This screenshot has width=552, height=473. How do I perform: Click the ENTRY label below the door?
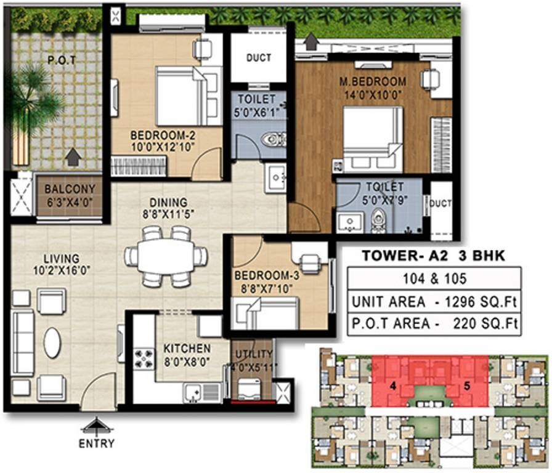(95, 443)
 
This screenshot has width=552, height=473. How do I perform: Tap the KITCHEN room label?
(187, 349)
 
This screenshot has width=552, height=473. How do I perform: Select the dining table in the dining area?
(166, 256)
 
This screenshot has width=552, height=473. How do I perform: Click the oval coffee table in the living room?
(52, 342)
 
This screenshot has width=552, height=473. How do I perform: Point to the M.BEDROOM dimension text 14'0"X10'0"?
(373, 95)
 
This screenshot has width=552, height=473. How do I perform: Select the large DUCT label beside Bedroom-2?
(258, 59)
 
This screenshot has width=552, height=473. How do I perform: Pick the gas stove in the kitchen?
(144, 358)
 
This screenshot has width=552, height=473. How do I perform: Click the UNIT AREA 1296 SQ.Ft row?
(434, 302)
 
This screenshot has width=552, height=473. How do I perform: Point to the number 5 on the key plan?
(467, 387)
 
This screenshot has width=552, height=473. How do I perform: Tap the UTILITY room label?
(254, 354)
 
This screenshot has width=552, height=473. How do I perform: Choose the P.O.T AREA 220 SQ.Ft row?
(434, 323)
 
